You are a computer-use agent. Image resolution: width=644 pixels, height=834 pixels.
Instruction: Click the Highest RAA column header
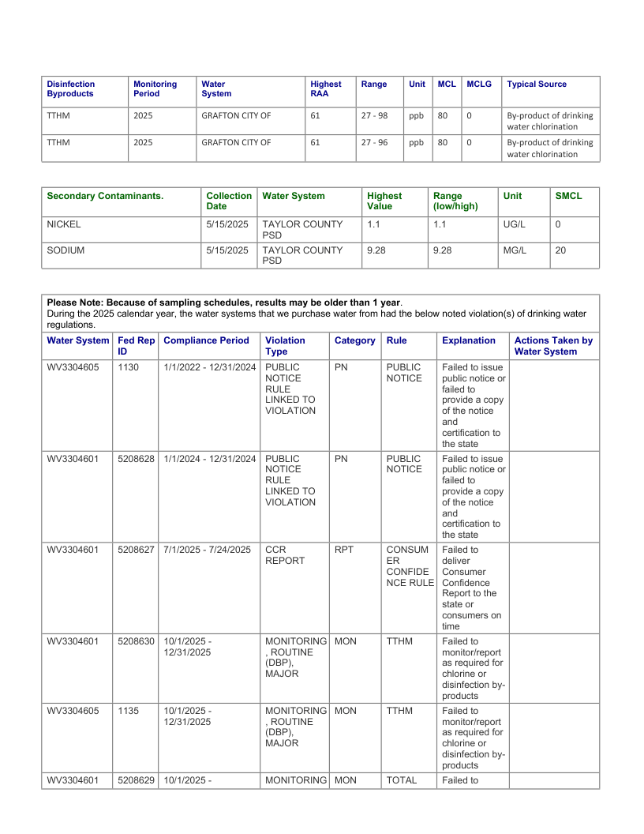tap(325, 88)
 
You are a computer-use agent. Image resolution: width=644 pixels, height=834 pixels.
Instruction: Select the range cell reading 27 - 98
tap(374, 115)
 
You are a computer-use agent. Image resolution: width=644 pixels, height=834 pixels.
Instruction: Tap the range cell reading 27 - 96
tap(374, 143)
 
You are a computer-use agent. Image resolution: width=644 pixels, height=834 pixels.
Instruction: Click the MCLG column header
tap(479, 84)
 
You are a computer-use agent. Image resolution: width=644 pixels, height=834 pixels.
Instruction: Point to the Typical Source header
tap(537, 84)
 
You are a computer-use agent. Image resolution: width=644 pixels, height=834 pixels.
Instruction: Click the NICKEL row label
tap(64, 224)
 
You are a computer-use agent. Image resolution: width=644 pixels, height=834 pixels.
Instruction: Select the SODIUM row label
tap(66, 250)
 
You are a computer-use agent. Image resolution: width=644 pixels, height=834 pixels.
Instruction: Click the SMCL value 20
tap(560, 250)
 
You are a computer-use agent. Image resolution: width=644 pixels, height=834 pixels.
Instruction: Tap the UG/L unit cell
tap(514, 224)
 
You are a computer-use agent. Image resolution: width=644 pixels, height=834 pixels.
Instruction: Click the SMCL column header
tap(568, 195)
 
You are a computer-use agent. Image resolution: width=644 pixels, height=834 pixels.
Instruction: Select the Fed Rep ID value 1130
tap(128, 367)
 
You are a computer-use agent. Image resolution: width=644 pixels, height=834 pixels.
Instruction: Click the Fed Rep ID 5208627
tap(136, 549)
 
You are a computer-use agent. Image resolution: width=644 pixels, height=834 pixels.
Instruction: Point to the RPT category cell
tap(344, 549)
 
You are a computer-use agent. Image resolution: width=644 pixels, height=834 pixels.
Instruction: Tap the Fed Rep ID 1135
tap(128, 710)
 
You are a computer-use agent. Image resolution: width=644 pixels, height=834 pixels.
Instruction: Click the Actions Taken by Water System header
tap(553, 346)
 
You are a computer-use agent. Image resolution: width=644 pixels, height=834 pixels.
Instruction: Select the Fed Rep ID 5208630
tap(136, 641)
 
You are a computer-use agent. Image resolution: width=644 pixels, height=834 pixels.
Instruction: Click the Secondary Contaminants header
tap(105, 195)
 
